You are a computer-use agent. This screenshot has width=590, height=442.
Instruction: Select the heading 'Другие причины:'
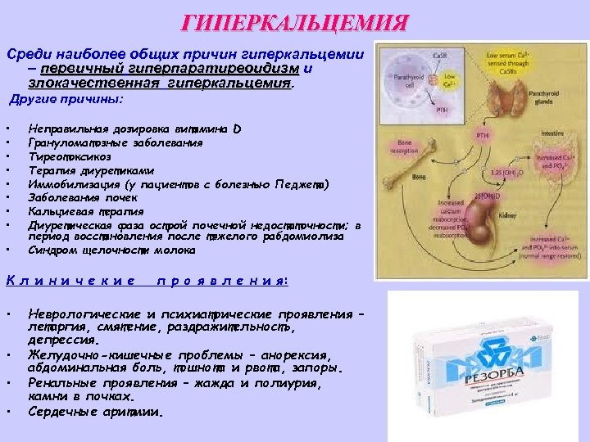coord(67,99)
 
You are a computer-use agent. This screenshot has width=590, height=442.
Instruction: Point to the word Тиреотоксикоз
coord(69,156)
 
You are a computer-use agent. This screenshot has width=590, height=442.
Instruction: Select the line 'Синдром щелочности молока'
coord(111,250)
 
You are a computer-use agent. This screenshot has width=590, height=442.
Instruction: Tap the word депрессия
coord(64,339)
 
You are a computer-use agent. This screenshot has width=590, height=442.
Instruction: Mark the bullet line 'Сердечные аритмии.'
coord(97,411)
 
